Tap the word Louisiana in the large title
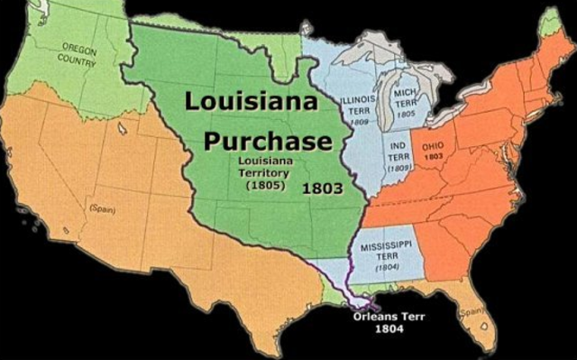point(252,102)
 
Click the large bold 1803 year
point(320,189)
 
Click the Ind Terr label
point(399,150)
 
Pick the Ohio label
point(434,144)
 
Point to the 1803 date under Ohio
point(434,156)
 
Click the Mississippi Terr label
point(387,250)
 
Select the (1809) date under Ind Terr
point(399,168)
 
